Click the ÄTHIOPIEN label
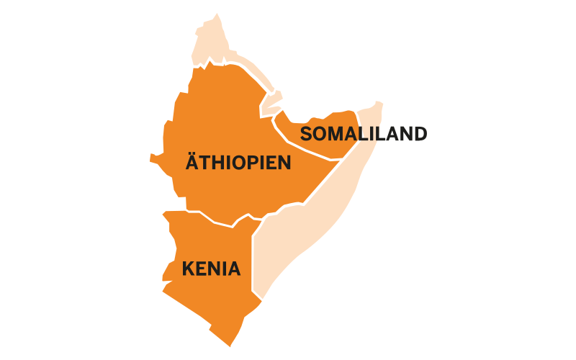238,162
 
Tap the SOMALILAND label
364,134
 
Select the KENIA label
211,269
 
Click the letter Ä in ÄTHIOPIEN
193,162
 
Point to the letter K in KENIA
189,269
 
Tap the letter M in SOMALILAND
338,134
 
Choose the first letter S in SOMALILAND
307,134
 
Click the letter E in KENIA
203,269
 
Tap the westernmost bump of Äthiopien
153,156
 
